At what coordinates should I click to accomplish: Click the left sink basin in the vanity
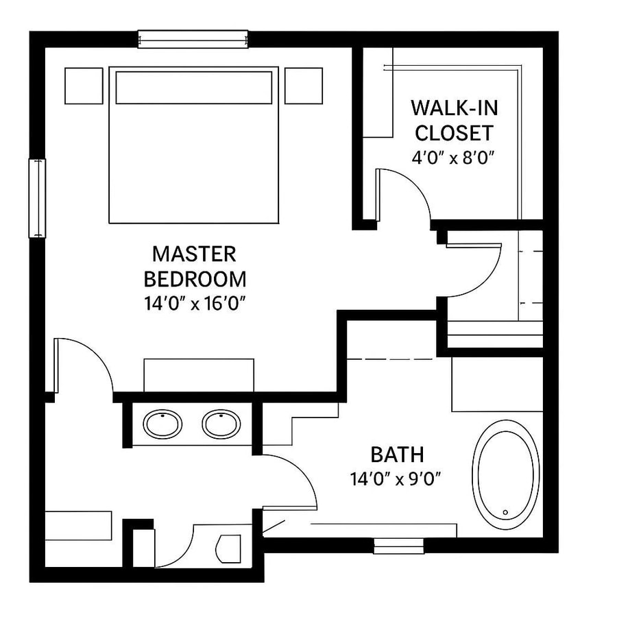coord(162,424)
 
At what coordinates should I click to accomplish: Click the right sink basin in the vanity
coord(221,424)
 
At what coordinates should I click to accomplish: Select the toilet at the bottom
coord(228,549)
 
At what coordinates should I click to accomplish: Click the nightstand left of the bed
coord(84,85)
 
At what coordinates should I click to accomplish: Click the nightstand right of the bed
coord(304,85)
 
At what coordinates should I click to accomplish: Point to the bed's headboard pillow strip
coord(193,87)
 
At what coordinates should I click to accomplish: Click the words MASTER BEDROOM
coord(194,267)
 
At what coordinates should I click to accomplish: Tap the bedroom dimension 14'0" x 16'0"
coord(194,303)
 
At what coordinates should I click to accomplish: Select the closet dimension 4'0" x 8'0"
coord(453,156)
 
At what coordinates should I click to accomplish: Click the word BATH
coord(397,454)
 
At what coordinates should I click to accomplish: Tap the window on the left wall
coord(36,198)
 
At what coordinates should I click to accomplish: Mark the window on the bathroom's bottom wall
coord(398,546)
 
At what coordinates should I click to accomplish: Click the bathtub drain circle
coord(505,512)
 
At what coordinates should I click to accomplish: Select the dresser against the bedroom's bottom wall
coord(198,375)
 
